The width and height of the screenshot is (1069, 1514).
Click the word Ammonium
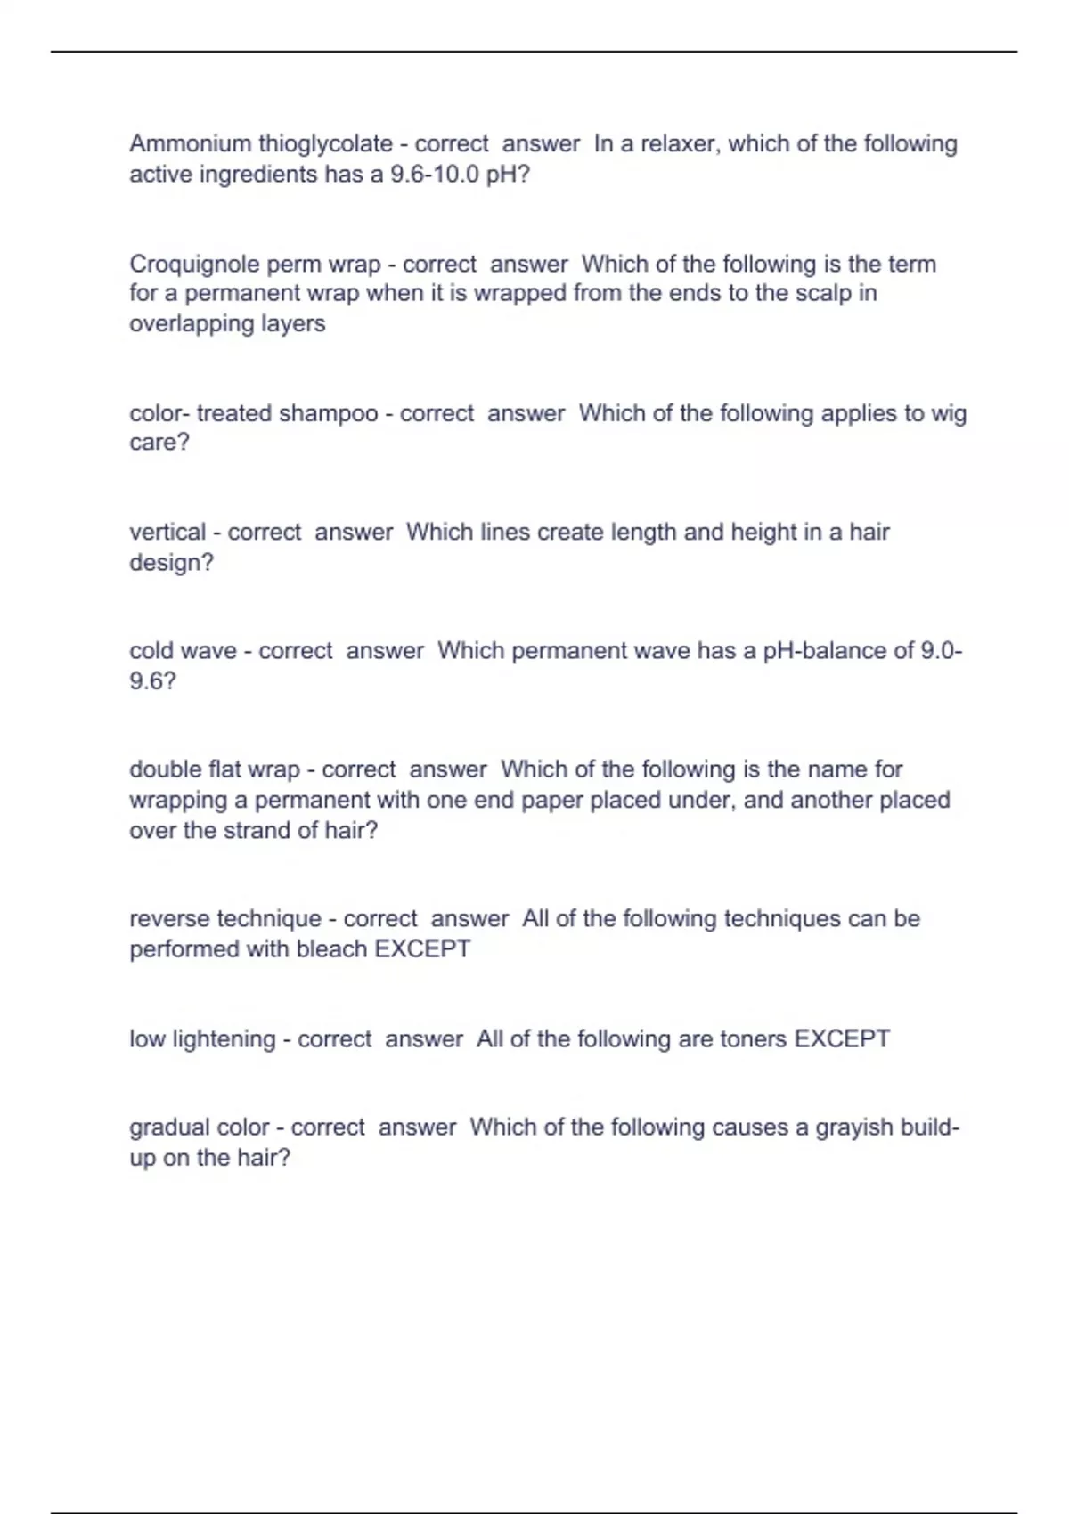(x=190, y=143)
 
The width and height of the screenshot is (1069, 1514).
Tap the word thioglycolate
(x=325, y=143)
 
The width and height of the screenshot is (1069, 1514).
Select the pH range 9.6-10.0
(x=435, y=174)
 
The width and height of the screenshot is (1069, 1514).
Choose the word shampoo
(x=328, y=414)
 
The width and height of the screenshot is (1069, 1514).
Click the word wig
(x=949, y=414)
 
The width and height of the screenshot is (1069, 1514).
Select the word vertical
(x=167, y=533)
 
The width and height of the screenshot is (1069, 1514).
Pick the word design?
(x=171, y=563)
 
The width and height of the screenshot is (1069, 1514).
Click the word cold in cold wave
(x=151, y=651)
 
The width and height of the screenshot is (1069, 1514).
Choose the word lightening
(x=224, y=1039)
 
